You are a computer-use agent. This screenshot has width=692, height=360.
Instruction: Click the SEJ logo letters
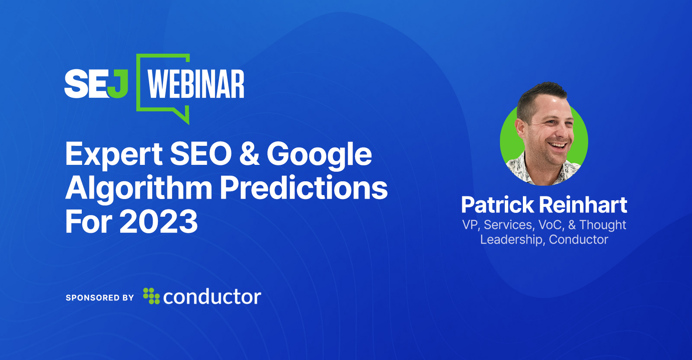[x=96, y=84]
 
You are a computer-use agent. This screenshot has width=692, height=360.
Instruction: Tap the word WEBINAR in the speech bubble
[x=195, y=84]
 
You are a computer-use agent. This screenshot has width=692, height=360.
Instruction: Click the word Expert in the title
[x=114, y=155]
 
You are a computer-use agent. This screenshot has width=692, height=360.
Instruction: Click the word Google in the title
[x=319, y=155]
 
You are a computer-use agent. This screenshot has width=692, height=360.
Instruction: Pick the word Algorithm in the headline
[x=139, y=189]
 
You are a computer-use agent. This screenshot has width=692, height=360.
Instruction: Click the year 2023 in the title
[x=158, y=222]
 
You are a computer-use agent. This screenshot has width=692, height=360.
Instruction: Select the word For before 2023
[x=89, y=222]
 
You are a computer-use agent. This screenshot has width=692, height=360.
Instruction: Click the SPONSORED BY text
[x=100, y=298]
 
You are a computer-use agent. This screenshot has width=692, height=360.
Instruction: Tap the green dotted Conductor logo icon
[x=151, y=296]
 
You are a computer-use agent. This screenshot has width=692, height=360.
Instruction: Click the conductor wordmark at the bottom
[x=212, y=297]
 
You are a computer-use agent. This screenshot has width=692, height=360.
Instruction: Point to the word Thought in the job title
[x=602, y=225]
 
